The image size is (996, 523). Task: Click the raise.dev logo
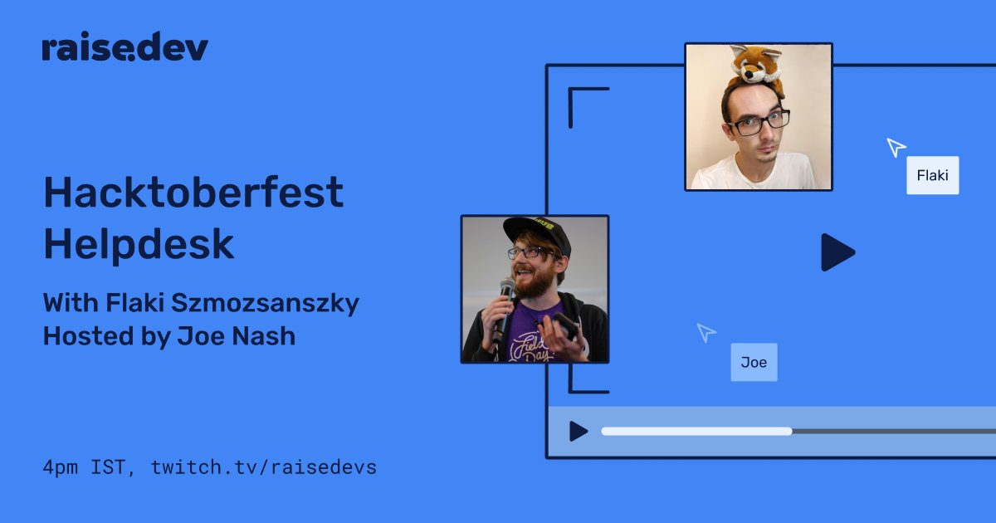[125, 46]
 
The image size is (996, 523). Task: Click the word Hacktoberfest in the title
[193, 192]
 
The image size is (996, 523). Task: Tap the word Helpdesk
[139, 245]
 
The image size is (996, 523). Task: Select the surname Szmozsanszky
[265, 303]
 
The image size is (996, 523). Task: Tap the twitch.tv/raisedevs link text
[264, 467]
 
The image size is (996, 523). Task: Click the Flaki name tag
[932, 175]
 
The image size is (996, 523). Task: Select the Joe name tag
[754, 362]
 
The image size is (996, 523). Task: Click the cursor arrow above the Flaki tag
[896, 147]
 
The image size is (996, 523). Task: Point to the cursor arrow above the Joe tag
[705, 332]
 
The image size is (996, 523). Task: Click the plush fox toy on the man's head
[755, 67]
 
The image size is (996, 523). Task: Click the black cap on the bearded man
[539, 232]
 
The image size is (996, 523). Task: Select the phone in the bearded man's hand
[565, 325]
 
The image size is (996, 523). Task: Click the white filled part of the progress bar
[696, 431]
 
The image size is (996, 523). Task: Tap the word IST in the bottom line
[109, 467]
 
